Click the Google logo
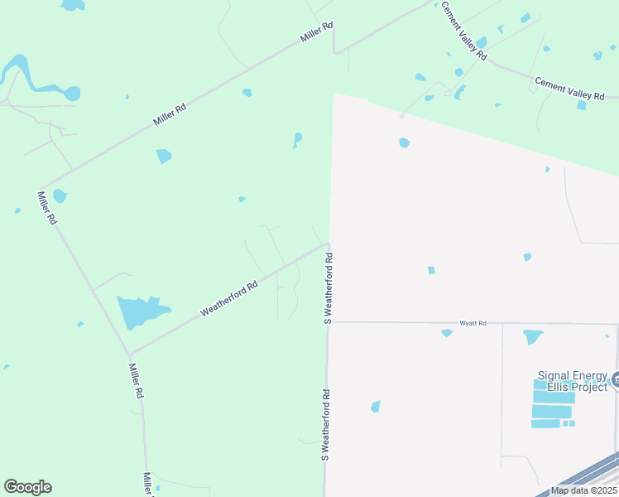coord(27,487)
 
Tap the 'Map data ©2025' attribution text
coord(583,490)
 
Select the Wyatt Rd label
coord(473,323)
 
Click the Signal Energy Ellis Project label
coord(572,381)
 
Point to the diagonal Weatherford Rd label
coord(229,298)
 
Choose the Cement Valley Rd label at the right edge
coord(569,89)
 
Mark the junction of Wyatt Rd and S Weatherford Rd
coord(329,322)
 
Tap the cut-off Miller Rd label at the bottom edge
coord(147,485)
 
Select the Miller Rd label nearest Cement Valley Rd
coord(316,34)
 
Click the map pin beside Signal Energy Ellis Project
coord(615,381)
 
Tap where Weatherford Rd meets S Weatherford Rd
coord(328,244)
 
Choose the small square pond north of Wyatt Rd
coord(430,270)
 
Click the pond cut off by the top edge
coord(73,4)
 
